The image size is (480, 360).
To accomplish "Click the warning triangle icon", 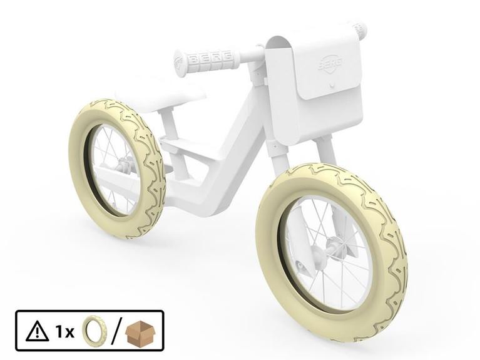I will [x=37, y=331].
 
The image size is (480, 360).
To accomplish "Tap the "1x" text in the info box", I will [x=64, y=331].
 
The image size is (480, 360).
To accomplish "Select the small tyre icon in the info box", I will [x=94, y=331].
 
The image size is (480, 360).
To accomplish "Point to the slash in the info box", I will [x=115, y=331].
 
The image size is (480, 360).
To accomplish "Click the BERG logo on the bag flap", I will [x=330, y=64].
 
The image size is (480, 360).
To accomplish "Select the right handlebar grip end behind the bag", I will [x=360, y=29].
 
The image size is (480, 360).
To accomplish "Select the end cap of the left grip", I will [x=180, y=63].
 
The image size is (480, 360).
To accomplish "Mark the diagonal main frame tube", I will [x=238, y=144].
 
